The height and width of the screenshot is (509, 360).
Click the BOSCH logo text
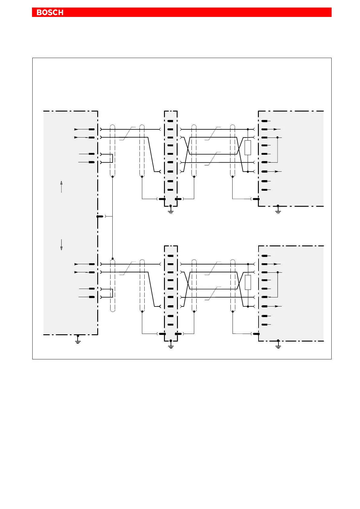click(50, 12)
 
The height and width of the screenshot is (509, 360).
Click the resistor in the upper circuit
click(248, 148)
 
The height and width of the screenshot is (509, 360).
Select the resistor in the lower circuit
click(248, 282)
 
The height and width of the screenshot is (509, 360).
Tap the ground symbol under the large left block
click(78, 341)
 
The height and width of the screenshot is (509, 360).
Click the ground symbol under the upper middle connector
click(171, 211)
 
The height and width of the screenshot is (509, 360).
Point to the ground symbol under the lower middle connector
click(171, 346)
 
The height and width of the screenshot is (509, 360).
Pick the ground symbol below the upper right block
click(278, 211)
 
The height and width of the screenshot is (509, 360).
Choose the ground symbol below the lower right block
click(278, 346)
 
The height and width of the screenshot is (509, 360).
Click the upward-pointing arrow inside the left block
click(61, 186)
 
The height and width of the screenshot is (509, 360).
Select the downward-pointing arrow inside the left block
click(61, 245)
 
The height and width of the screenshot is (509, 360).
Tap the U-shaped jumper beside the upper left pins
click(112, 158)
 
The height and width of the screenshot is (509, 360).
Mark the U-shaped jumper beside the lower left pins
click(112, 293)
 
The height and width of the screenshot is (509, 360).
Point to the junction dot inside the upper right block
click(277, 138)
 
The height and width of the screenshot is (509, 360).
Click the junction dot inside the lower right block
click(277, 272)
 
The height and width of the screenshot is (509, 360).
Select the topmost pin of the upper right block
click(265, 121)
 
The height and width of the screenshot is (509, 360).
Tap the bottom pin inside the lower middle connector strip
click(170, 325)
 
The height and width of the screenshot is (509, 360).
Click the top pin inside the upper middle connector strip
click(170, 121)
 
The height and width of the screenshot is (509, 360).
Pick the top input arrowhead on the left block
click(76, 129)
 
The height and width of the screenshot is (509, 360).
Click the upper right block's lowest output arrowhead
click(276, 171)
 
